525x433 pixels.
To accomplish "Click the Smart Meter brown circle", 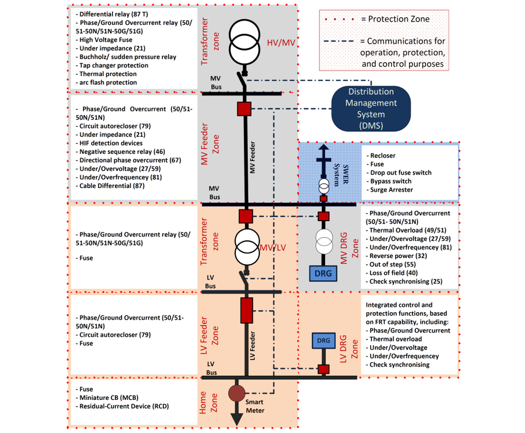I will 237,393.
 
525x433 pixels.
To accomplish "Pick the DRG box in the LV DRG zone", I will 324,341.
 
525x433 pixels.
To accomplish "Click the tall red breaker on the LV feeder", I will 246,310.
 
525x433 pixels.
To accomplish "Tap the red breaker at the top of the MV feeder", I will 244,109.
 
